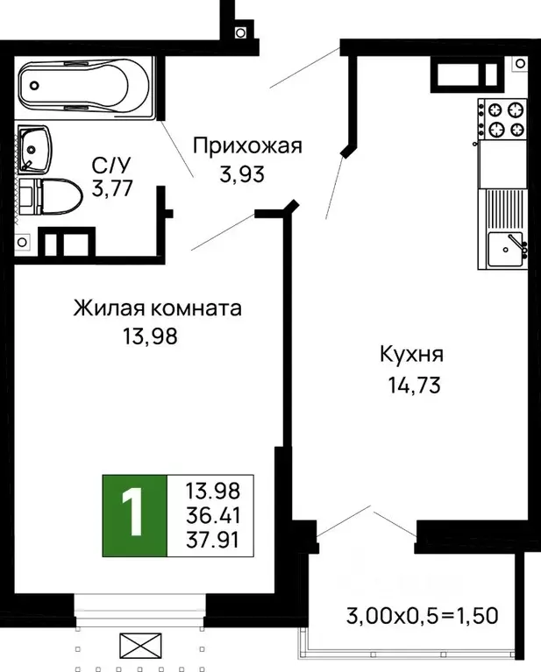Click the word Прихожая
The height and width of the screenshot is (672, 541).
pyautogui.click(x=247, y=145)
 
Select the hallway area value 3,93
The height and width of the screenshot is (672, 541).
pyautogui.click(x=242, y=173)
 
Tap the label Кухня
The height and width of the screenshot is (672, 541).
pyautogui.click(x=411, y=355)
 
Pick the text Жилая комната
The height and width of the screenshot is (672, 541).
pyautogui.click(x=157, y=308)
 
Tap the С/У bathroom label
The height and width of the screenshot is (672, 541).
pyautogui.click(x=111, y=164)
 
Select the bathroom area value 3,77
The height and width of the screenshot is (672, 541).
pyautogui.click(x=111, y=188)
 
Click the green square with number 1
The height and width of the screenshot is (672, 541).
pyautogui.click(x=134, y=515)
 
